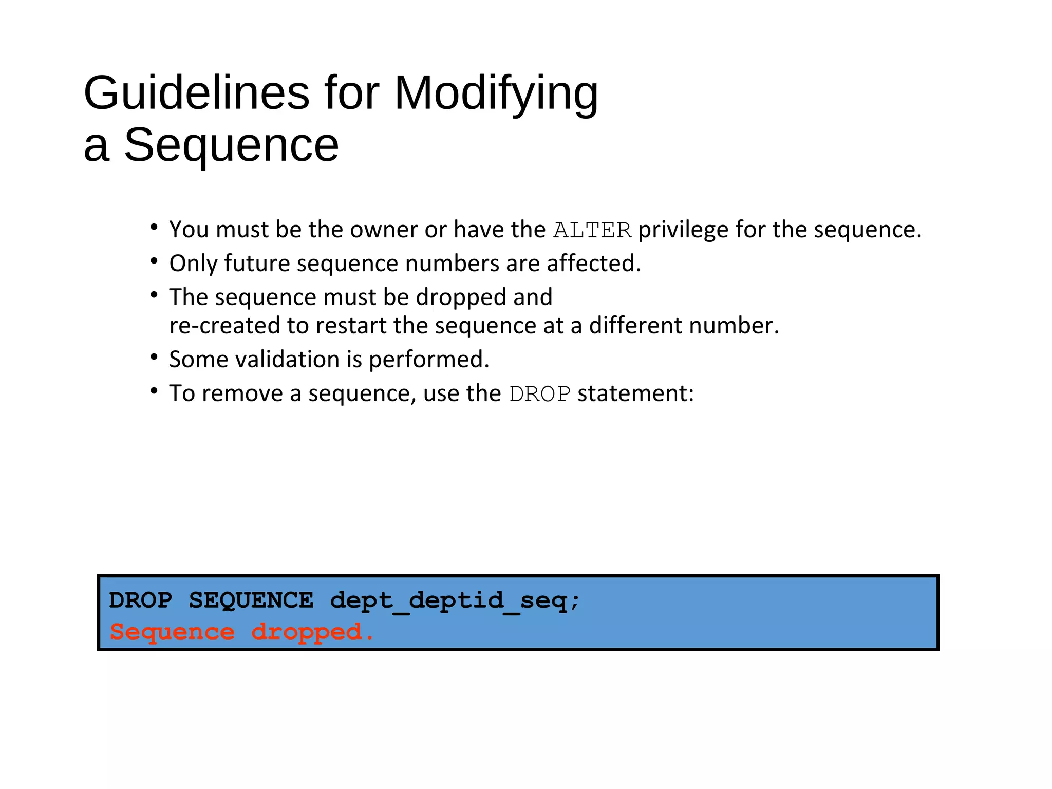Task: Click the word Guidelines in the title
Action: tap(196, 93)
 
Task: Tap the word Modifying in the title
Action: tap(496, 93)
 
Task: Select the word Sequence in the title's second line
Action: tap(231, 145)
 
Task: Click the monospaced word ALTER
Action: tap(592, 230)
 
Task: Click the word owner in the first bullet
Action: tap(384, 230)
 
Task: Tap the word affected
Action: tap(593, 264)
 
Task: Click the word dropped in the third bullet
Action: tap(461, 297)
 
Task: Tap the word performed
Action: tap(429, 360)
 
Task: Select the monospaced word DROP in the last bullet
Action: tap(539, 394)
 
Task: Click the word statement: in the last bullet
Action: tap(635, 393)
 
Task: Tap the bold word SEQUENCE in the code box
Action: tap(251, 600)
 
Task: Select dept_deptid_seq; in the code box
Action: tap(455, 600)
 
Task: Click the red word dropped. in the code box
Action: tap(312, 632)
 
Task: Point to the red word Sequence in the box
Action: tap(172, 632)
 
